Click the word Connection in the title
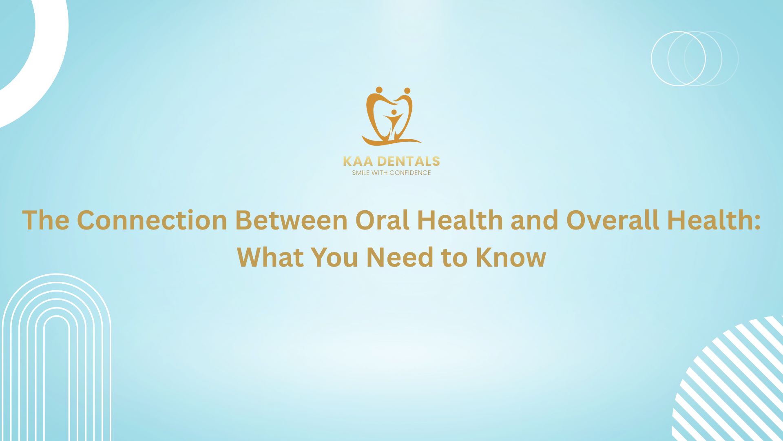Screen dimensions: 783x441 click(x=151, y=220)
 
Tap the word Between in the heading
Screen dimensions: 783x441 click(x=291, y=220)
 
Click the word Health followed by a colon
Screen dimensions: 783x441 click(x=714, y=220)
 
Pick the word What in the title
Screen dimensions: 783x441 click(x=270, y=257)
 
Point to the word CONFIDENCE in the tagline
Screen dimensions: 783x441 click(x=410, y=173)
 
